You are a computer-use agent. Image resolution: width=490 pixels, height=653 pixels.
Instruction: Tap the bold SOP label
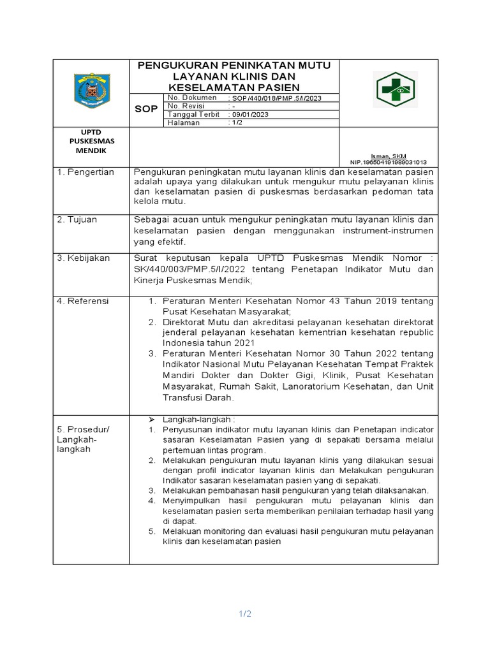coord(146,109)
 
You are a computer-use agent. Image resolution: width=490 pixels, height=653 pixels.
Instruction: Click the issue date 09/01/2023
coord(250,114)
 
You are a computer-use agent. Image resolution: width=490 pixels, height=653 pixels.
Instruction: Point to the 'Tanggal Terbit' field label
coord(193,114)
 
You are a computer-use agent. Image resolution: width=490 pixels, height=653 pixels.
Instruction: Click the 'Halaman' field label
coord(183,122)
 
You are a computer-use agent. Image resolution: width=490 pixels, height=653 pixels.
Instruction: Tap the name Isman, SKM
coord(390,156)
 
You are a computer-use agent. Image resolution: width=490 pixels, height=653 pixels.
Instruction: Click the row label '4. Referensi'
coord(84,300)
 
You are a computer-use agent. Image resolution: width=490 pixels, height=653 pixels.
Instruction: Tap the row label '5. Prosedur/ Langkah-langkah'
coord(83,439)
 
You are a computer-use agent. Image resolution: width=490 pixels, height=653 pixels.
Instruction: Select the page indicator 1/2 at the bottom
coord(245,614)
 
